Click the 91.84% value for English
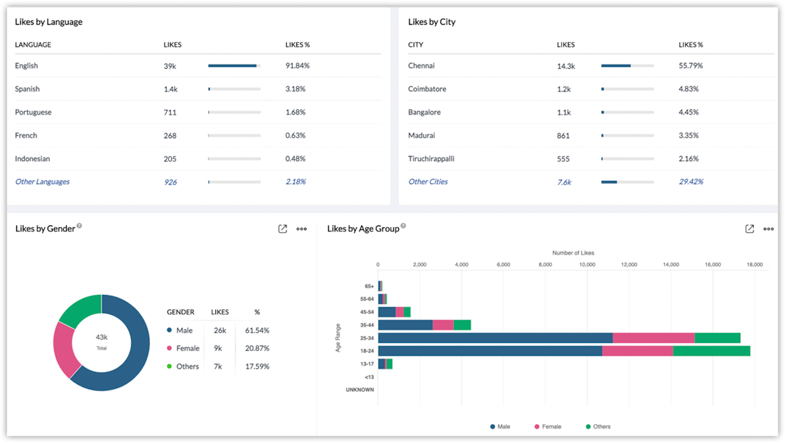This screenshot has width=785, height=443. pyautogui.click(x=297, y=66)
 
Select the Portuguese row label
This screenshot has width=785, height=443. pyautogui.click(x=33, y=113)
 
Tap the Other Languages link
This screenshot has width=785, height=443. pyautogui.click(x=42, y=182)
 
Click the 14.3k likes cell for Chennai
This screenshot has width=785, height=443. pyautogui.click(x=566, y=66)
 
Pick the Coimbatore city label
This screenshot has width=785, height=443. pyautogui.click(x=427, y=89)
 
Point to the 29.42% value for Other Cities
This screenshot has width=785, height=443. pyautogui.click(x=691, y=182)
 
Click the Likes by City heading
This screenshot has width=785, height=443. pyautogui.click(x=432, y=22)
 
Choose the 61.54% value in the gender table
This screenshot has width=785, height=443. pyautogui.click(x=257, y=330)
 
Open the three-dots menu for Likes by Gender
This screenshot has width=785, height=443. pyautogui.click(x=301, y=229)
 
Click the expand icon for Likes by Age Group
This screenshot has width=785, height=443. pyautogui.click(x=749, y=229)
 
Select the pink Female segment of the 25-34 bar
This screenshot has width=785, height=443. pyautogui.click(x=653, y=338)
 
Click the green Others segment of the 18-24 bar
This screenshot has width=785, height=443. pyautogui.click(x=711, y=351)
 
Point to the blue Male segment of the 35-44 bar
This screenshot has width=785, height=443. pyautogui.click(x=405, y=325)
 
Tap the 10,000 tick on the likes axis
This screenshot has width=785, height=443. pyautogui.click(x=587, y=265)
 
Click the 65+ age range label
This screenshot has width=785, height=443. pyautogui.click(x=369, y=286)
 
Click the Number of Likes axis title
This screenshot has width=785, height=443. pyautogui.click(x=573, y=253)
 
